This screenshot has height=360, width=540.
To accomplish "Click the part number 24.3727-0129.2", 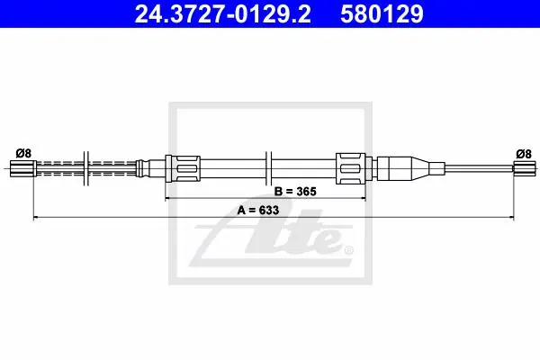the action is pyautogui.click(x=223, y=14).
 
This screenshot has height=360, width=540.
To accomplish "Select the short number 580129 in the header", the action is pyautogui.click(x=382, y=14).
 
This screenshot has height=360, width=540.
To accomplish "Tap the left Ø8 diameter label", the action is pyautogui.click(x=23, y=153).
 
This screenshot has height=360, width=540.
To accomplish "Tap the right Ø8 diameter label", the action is pyautogui.click(x=524, y=154).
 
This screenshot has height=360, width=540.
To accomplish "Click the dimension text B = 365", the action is pyautogui.click(x=295, y=191).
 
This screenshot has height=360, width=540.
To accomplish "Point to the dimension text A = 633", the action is pyautogui.click(x=258, y=210).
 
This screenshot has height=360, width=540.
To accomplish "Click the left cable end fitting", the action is pyautogui.click(x=22, y=168).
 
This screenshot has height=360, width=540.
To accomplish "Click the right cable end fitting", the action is pyautogui.click(x=525, y=169).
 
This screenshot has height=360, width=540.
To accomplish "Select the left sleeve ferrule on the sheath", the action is pyautogui.click(x=183, y=168).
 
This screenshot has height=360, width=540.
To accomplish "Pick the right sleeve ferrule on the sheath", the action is pyautogui.click(x=351, y=168).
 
